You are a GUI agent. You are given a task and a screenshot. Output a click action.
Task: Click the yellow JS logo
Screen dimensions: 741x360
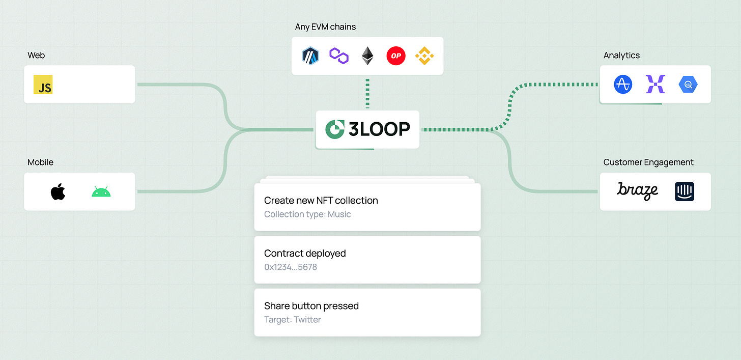[43, 85]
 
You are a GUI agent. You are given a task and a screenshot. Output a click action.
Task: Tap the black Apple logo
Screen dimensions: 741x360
[58, 192]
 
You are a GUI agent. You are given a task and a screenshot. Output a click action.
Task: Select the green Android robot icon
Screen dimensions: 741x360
[101, 192]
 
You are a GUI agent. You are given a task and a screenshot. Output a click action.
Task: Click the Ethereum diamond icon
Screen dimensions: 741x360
[367, 56]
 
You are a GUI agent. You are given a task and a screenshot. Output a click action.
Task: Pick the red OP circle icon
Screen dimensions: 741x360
[396, 56]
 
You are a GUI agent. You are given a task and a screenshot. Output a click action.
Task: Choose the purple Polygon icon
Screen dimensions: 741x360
[338, 56]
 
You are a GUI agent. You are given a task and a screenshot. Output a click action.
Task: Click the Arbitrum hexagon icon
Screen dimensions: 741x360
[310, 56]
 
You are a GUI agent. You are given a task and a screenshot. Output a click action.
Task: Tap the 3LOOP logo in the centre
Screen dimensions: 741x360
[367, 129]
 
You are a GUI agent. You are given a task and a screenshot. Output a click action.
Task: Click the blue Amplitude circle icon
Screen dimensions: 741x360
[622, 85]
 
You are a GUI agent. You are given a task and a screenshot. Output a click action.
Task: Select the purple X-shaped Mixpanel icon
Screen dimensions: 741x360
[655, 85]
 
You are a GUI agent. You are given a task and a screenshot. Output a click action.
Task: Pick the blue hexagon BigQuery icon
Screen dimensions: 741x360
[688, 85]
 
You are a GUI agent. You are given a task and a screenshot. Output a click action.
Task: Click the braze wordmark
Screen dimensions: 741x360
[637, 191]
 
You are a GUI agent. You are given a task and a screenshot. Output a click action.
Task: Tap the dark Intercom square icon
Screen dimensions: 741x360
[685, 191]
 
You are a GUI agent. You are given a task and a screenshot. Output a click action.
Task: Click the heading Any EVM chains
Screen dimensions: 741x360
[325, 26]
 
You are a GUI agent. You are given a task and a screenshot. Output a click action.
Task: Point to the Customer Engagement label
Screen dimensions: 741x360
[648, 162]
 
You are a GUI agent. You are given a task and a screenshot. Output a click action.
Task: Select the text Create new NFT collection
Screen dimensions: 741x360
[321, 200]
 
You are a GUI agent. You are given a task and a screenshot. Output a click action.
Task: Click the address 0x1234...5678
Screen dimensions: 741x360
[291, 267]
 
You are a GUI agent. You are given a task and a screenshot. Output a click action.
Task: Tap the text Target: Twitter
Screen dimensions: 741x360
[293, 320]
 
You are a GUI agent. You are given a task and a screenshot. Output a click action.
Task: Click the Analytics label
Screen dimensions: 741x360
[621, 55]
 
